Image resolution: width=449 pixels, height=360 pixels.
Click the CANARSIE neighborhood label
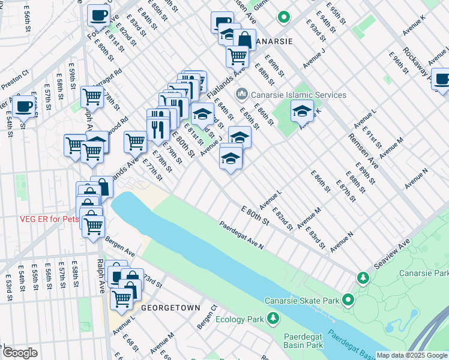click(x=274, y=41)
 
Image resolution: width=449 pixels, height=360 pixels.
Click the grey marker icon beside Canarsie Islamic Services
click(x=242, y=94)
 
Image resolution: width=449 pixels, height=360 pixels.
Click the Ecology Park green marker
click(x=273, y=317)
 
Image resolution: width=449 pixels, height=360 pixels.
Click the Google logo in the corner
click(x=20, y=352)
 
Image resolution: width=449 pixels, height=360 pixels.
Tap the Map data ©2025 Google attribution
click(x=412, y=355)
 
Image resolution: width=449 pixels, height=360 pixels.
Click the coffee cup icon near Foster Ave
click(x=98, y=15)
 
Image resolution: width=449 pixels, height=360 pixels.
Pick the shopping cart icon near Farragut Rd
click(x=92, y=95)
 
